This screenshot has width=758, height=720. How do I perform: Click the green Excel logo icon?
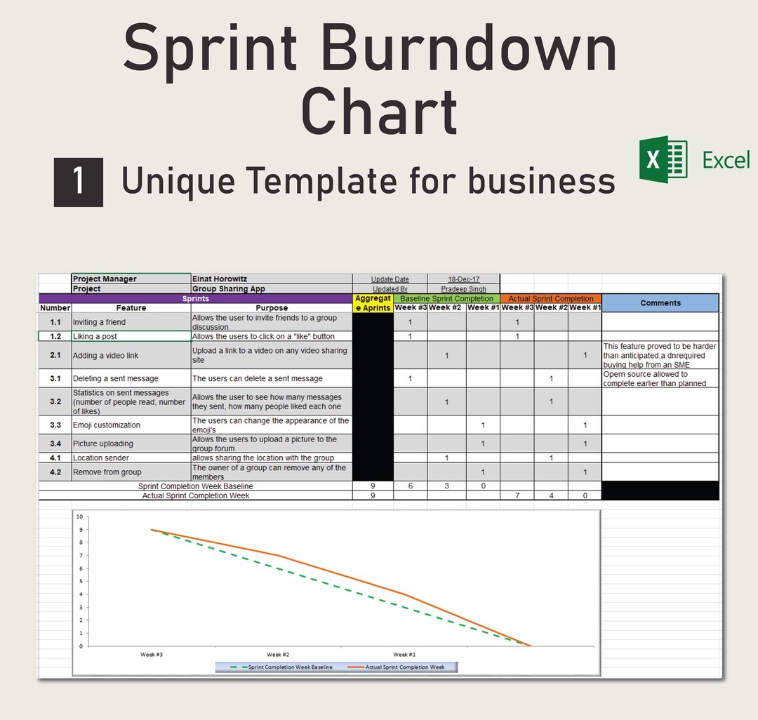coord(663,159)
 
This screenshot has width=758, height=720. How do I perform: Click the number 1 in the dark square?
coord(79,182)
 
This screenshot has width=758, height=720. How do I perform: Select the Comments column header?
coord(660,303)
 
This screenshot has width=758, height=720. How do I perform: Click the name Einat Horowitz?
coord(220,279)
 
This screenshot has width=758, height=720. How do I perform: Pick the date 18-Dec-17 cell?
coord(463,279)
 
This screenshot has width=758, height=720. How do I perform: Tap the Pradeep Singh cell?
coord(463,288)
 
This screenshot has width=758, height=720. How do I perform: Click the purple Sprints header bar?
coord(195,298)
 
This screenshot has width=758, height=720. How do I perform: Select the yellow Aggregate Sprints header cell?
coord(373,303)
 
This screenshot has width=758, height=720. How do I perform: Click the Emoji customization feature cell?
coord(107,425)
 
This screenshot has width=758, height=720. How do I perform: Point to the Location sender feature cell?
coord(101,458)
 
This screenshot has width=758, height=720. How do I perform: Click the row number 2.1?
coord(55,355)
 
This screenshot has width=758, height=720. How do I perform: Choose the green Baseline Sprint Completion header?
coord(446,298)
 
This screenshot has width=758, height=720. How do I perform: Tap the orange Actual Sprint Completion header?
coord(550,298)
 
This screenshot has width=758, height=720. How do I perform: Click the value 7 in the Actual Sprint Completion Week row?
coord(517,495)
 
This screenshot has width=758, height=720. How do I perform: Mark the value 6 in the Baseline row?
coord(410,486)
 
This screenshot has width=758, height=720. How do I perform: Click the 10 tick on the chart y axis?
coord(79,516)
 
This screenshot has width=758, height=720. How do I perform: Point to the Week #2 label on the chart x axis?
coord(278,654)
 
